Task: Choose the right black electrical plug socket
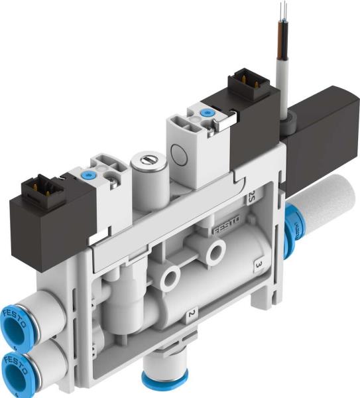(x=243, y=88)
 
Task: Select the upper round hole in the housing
(x=215, y=251)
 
